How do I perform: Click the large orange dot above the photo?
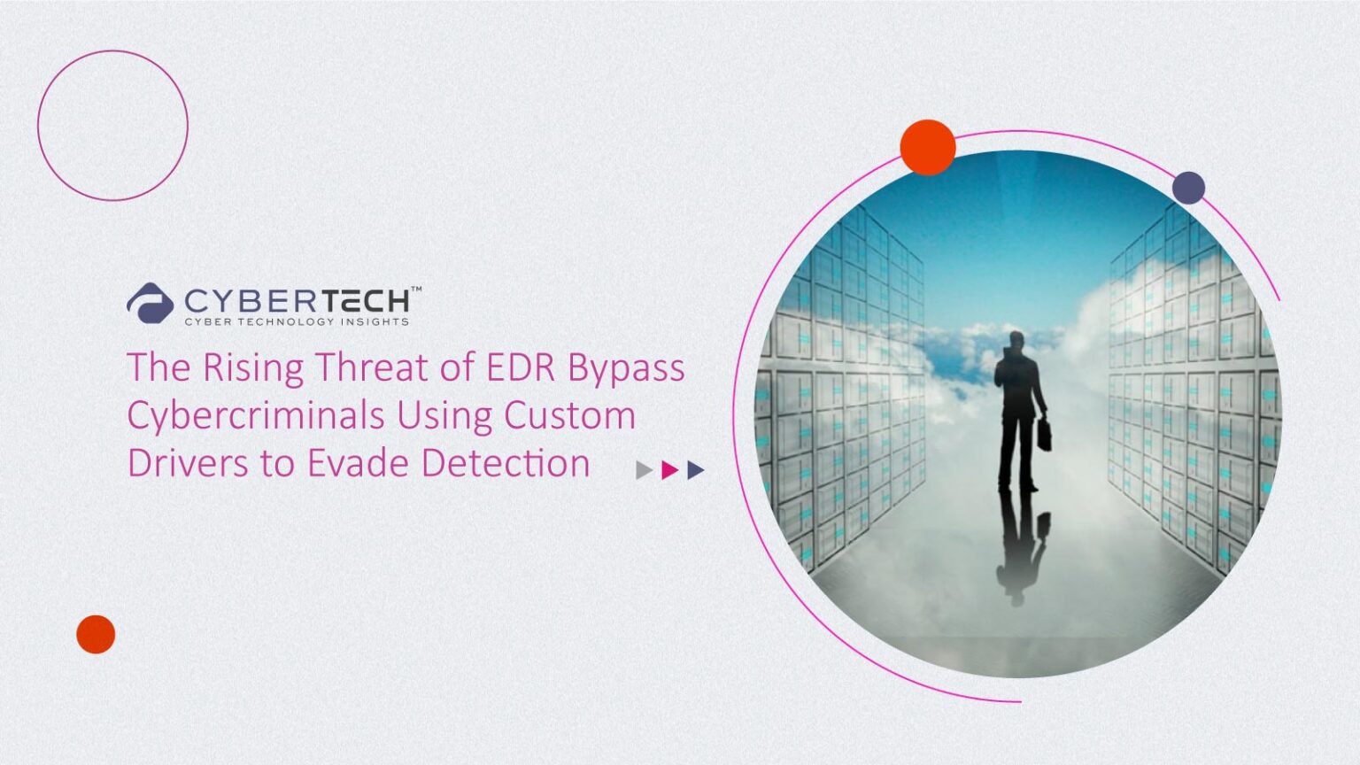928,148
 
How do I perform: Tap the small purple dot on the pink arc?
1188,188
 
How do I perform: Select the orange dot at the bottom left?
96,635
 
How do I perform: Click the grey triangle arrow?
644,470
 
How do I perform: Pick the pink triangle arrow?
669,470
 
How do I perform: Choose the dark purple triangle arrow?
696,470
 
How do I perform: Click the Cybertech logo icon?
150,302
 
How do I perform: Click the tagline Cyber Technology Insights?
297,321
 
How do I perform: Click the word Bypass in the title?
626,370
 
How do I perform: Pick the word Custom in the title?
569,416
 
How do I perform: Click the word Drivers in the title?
188,463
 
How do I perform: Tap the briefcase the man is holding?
1044,434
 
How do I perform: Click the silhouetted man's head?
1016,341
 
